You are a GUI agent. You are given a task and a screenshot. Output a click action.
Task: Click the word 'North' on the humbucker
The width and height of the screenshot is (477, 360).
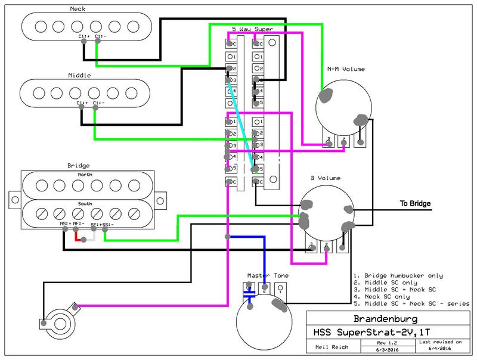tap(85, 175)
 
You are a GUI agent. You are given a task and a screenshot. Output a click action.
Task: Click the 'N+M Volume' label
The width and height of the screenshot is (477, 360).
tap(345, 69)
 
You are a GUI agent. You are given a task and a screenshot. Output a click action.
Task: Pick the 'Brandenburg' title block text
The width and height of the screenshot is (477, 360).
tap(389, 318)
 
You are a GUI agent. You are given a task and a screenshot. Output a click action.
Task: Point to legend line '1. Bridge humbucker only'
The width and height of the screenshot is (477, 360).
tap(398, 275)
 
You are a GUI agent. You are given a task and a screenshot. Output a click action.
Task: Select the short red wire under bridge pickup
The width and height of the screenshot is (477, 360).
tap(76, 237)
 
